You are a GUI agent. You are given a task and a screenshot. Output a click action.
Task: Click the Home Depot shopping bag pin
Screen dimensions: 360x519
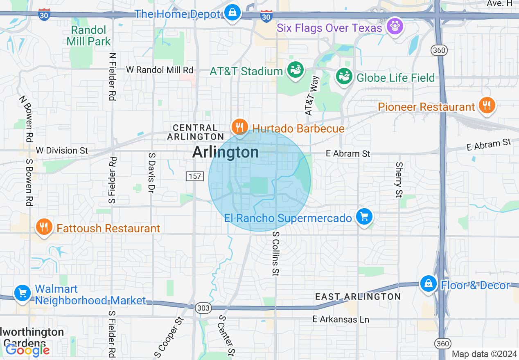232,13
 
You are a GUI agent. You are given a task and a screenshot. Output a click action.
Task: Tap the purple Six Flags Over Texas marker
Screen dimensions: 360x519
395,27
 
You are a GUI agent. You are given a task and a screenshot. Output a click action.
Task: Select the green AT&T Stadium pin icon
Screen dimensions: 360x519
295,70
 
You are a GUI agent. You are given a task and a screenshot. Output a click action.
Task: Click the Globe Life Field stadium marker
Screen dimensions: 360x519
344,76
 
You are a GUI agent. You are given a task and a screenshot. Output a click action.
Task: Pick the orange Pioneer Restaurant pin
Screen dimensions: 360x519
486,106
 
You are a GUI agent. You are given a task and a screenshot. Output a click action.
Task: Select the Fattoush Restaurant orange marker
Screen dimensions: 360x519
44,227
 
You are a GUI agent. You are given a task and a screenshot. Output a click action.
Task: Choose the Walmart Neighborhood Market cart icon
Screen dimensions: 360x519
22,293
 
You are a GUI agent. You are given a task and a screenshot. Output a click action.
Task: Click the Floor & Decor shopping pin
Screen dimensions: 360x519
428,283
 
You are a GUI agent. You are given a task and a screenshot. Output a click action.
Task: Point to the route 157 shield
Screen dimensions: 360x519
194,176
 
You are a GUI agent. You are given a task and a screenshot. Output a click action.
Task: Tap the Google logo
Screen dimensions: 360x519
27,350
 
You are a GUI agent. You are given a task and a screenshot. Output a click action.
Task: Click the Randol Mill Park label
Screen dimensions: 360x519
88,36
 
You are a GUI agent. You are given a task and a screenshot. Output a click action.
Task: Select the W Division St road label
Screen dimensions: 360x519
62,151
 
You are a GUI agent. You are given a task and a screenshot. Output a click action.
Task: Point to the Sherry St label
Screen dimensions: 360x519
399,180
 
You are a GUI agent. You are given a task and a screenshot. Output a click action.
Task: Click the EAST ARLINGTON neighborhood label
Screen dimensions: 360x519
358,297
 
